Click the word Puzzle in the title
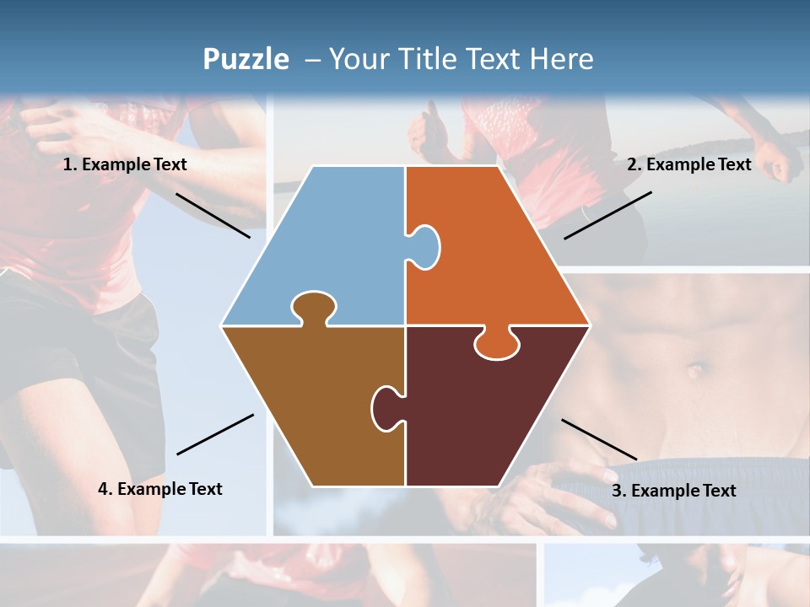tap(245, 59)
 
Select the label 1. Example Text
tap(125, 164)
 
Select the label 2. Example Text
tap(688, 164)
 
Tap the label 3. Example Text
tap(673, 491)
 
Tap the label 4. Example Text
tap(160, 488)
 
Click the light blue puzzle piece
tap(329, 244)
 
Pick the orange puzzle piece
tap(498, 253)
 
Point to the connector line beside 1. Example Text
tap(213, 215)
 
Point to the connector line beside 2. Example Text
tap(607, 215)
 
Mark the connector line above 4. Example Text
tap(215, 434)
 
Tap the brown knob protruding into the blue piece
tap(313, 307)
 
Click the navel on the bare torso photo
tap(695, 370)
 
